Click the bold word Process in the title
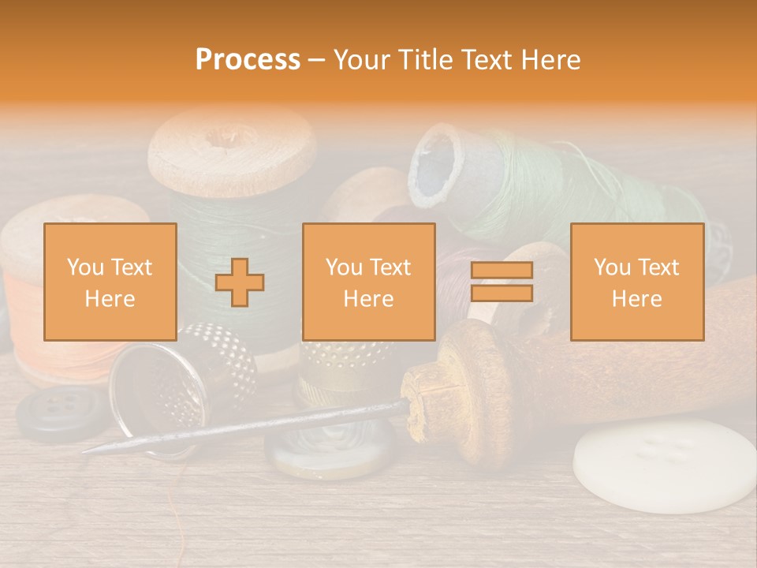(248, 60)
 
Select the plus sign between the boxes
(240, 282)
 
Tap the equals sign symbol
(502, 282)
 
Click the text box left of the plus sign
(110, 282)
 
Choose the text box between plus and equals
(368, 282)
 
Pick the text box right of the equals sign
(636, 282)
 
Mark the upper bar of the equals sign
(502, 271)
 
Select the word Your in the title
(365, 60)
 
